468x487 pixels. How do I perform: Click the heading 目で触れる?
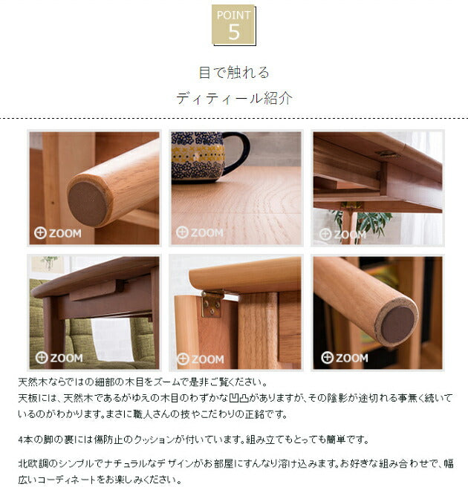tap(234, 73)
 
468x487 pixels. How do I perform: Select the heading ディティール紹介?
tap(234, 98)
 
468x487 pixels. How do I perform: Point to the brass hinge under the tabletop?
tap(212, 302)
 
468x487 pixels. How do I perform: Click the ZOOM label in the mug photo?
tap(200, 232)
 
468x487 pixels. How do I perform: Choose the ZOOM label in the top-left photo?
tap(59, 233)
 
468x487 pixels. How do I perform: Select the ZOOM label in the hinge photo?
tap(200, 359)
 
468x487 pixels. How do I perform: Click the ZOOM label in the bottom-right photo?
tap(344, 358)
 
